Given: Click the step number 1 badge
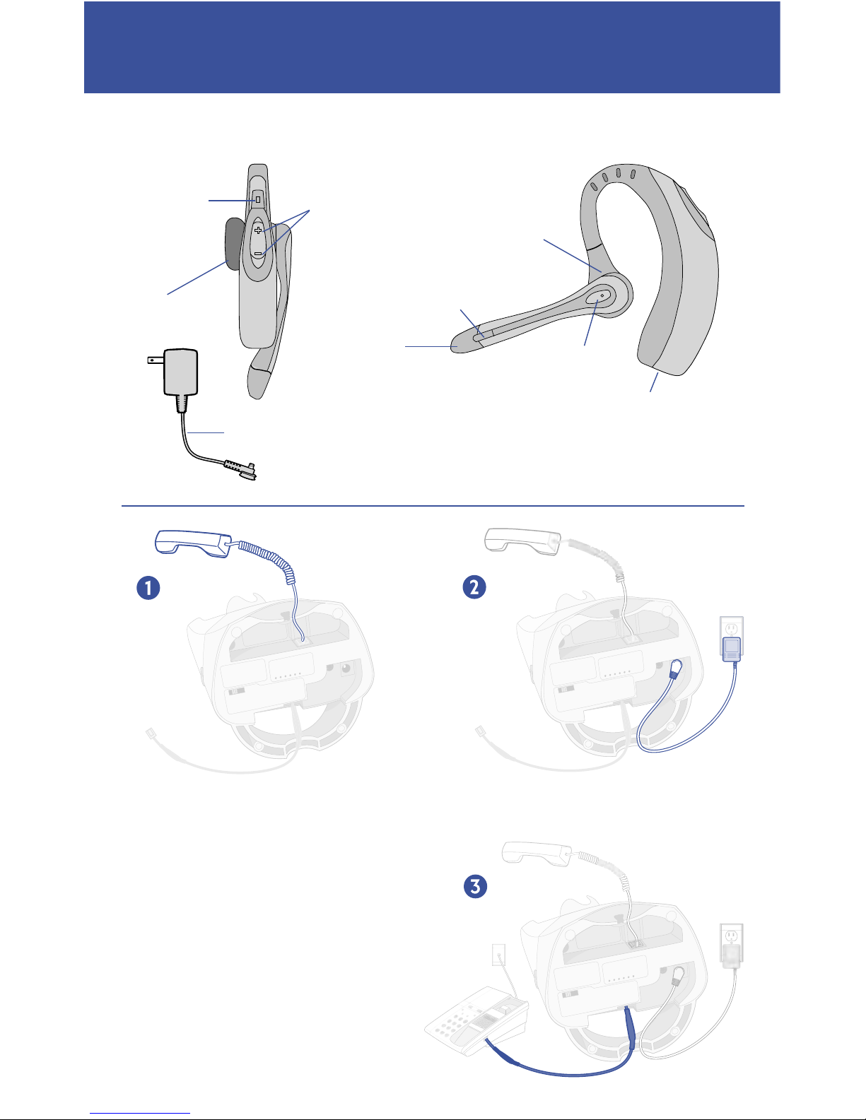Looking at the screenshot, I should tap(148, 588).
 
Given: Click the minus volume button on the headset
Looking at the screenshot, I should tap(258, 253).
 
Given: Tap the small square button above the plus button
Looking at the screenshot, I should tap(258, 200).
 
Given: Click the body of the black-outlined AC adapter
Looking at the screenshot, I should tap(180, 372).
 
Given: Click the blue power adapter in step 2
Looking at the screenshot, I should tap(730, 649).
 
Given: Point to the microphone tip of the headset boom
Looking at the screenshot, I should tap(460, 344).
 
